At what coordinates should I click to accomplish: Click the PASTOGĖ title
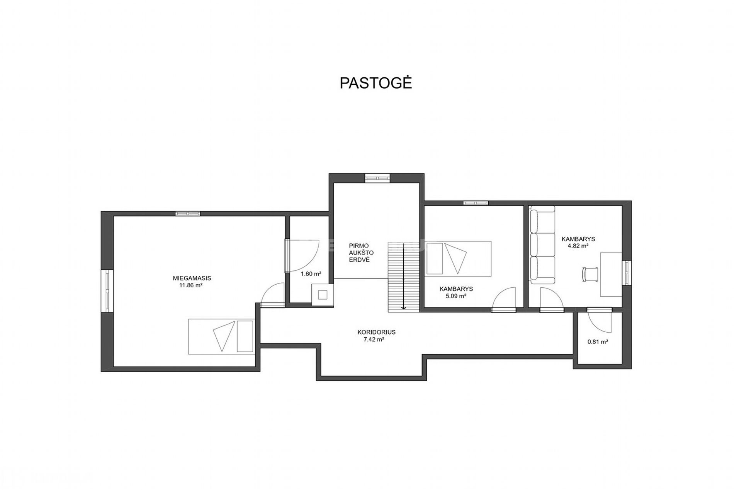point(375,83)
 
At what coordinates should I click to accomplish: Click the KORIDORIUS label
point(376,332)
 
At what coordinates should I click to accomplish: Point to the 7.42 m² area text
point(373,339)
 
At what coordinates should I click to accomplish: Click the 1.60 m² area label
point(311,274)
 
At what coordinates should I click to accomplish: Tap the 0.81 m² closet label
point(598,341)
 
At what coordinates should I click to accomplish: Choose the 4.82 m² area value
point(578,246)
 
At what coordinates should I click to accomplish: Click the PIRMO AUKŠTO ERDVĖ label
point(359,253)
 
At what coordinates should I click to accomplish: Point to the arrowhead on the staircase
point(403,307)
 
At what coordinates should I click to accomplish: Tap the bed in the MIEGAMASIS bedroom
point(221,336)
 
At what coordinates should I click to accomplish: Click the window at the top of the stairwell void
point(377,178)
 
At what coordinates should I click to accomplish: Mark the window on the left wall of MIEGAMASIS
point(107,290)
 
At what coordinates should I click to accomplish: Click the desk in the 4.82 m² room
point(611,275)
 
